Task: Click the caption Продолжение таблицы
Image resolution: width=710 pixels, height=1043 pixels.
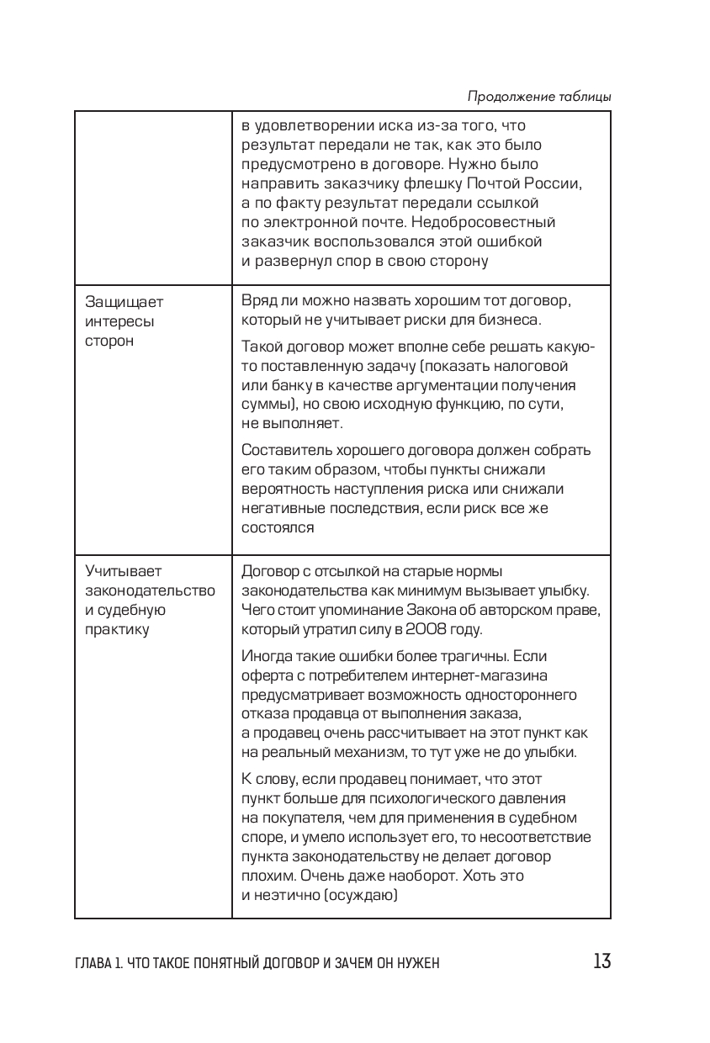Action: tap(538, 96)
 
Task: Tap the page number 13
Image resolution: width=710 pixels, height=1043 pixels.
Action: tap(601, 961)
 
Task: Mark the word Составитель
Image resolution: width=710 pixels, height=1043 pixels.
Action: tap(285, 448)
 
